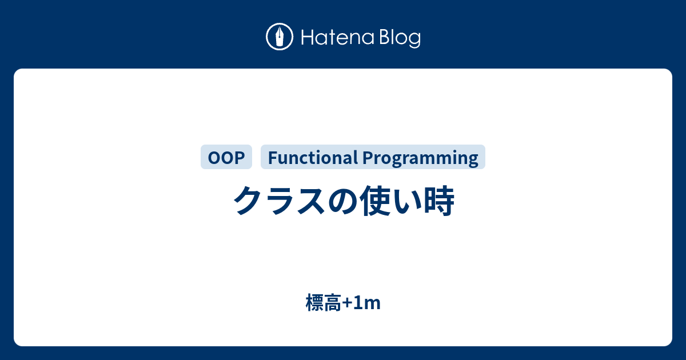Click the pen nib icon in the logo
click(x=280, y=37)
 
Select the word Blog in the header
click(x=400, y=38)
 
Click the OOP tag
click(x=226, y=157)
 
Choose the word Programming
click(x=420, y=158)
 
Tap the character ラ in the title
click(x=280, y=201)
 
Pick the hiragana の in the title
click(x=343, y=201)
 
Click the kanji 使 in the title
click(x=375, y=201)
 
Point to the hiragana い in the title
click(x=406, y=201)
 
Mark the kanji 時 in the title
click(x=438, y=201)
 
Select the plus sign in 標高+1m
click(x=348, y=303)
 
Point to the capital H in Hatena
click(x=308, y=37)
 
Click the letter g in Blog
click(x=414, y=40)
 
